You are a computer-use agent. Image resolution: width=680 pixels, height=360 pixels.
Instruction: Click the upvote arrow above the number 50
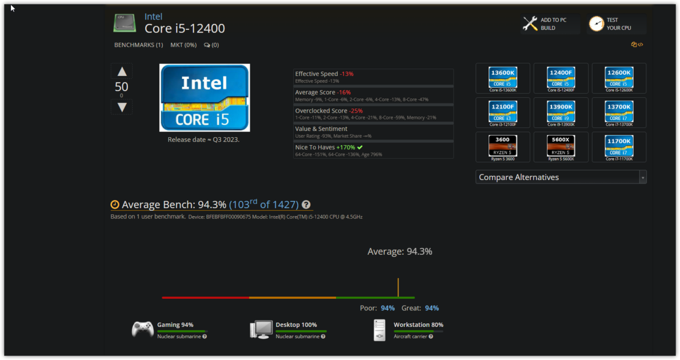tap(122, 71)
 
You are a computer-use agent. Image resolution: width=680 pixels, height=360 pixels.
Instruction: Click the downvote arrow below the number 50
tap(122, 107)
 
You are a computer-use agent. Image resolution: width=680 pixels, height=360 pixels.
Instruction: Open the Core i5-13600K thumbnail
tap(503, 77)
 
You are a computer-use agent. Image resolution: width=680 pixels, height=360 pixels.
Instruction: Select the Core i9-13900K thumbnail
tap(561, 111)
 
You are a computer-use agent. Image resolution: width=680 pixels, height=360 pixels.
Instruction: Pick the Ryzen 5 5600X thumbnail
tap(561, 146)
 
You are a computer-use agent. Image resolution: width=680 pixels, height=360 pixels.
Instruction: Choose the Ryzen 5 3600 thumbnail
tap(503, 146)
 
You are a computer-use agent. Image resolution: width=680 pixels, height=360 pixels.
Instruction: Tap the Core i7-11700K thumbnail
tap(619, 146)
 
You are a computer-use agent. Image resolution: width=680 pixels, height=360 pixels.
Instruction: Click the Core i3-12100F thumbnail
tap(503, 111)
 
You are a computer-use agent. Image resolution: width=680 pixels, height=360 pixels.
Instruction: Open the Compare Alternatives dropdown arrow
tap(643, 178)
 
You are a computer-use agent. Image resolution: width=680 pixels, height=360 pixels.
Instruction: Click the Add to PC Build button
tap(545, 24)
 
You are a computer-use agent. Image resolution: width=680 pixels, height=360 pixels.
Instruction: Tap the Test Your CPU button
tap(611, 24)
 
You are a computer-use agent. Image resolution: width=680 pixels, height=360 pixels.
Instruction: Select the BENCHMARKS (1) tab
tap(138, 45)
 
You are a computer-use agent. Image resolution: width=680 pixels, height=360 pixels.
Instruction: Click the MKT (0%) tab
tap(183, 45)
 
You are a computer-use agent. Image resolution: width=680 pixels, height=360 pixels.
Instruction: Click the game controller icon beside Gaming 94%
tap(143, 329)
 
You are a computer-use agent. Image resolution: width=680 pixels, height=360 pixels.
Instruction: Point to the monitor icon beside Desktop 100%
tap(261, 330)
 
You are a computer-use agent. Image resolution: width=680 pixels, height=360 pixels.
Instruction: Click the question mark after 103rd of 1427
tap(306, 205)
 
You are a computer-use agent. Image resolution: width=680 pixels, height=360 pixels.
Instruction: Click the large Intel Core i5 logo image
tap(205, 98)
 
